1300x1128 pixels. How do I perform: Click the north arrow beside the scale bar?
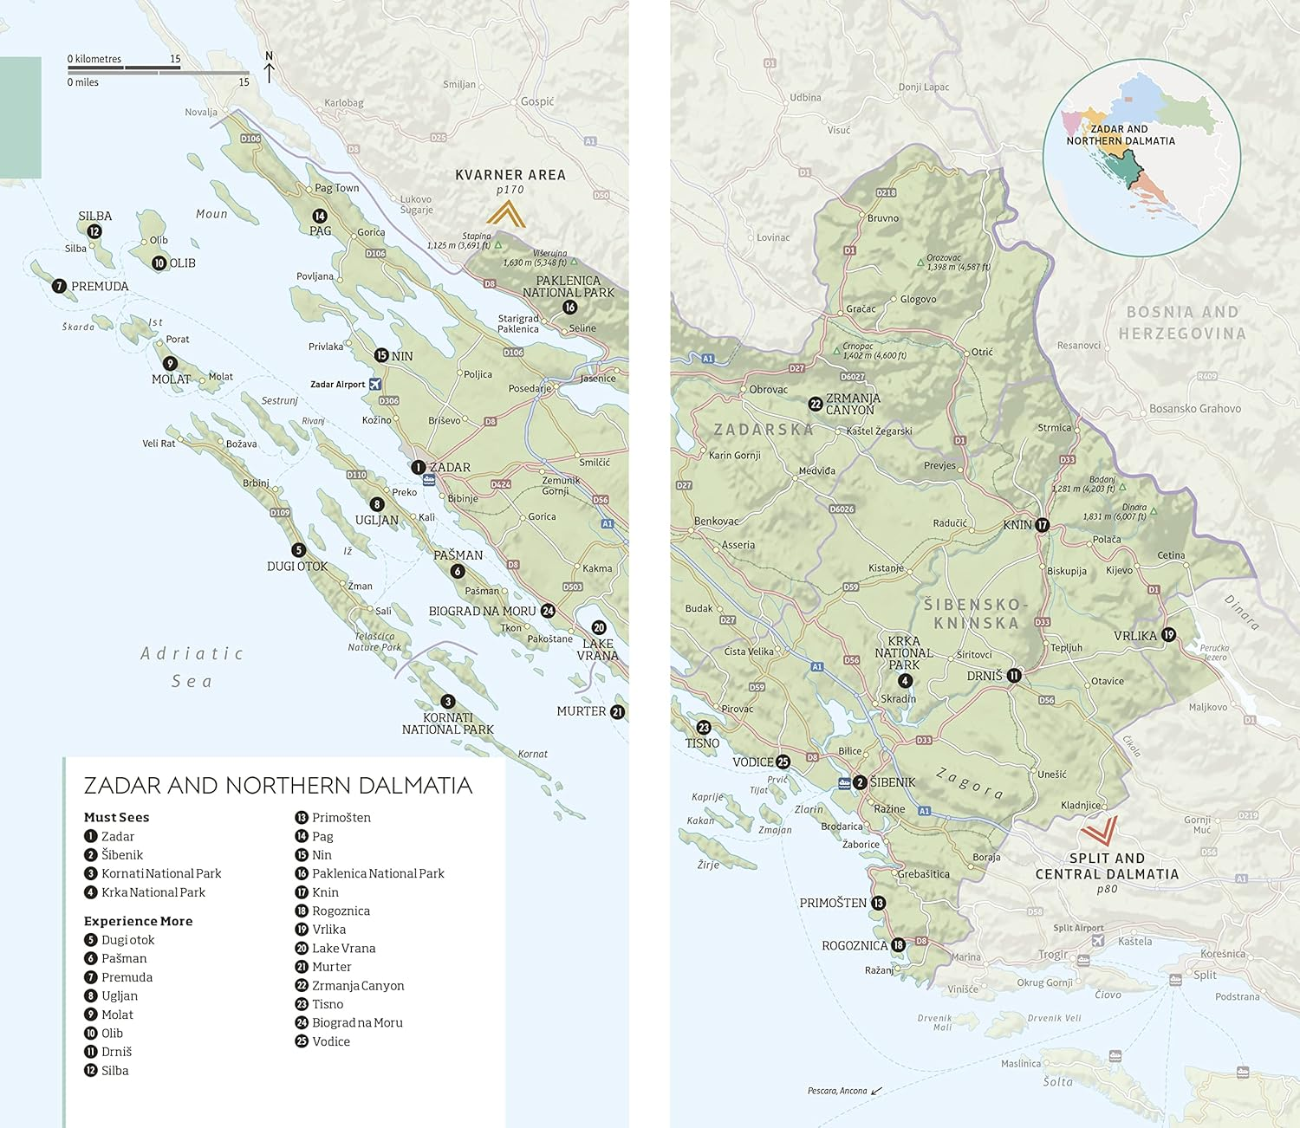pos(269,68)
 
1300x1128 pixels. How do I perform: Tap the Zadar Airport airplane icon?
pos(375,384)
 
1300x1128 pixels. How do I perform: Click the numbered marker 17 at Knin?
pos(1043,525)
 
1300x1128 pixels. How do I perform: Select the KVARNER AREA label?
pos(510,175)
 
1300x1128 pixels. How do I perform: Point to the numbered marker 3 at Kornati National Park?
pos(447,702)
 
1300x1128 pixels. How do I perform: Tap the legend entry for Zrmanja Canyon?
pos(357,985)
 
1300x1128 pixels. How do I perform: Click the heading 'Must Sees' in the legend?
pos(116,817)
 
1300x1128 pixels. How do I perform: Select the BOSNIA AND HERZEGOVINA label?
pos(1182,322)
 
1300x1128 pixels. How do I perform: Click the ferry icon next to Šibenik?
pos(844,783)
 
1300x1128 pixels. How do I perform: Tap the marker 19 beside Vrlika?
pos(1168,635)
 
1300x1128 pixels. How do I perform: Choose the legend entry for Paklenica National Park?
pos(377,873)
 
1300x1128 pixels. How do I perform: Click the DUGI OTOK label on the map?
pos(297,567)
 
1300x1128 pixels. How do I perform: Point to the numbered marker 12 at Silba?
pos(94,231)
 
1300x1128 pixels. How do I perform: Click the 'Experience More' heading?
pos(138,921)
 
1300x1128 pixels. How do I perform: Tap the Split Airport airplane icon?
pos(1098,941)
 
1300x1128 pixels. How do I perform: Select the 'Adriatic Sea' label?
pos(192,667)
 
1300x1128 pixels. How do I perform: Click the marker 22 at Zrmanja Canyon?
pos(815,404)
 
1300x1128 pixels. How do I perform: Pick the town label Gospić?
pos(536,101)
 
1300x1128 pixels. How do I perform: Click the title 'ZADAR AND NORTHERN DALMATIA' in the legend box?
pos(277,786)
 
